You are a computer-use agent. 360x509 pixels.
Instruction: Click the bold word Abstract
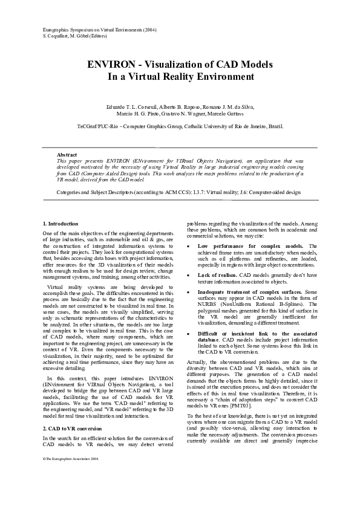[67, 155]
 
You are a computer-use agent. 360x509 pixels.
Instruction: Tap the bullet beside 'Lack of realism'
[191, 275]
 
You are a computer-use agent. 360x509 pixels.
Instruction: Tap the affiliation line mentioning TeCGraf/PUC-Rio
[180, 126]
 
